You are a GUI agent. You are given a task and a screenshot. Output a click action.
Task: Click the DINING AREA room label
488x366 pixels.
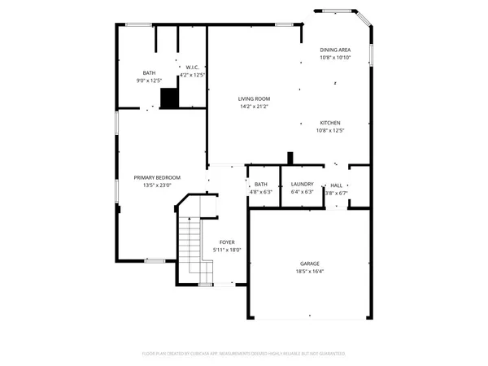click(336, 50)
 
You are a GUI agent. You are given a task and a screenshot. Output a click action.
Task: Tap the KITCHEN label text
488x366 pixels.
click(330, 123)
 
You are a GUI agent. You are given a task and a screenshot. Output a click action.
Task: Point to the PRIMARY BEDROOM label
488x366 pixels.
click(157, 177)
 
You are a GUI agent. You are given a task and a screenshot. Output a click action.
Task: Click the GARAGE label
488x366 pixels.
click(309, 264)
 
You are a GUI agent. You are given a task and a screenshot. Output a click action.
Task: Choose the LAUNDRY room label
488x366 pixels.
click(302, 185)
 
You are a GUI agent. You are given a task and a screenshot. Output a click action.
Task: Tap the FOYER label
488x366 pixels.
click(227, 242)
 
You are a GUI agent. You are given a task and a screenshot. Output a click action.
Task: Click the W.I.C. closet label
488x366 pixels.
click(193, 67)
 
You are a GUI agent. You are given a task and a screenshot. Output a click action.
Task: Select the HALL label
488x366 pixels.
click(336, 185)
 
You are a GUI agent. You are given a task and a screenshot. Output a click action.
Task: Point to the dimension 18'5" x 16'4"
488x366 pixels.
click(309, 271)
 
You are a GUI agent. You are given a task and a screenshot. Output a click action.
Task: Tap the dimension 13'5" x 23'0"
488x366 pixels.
click(157, 185)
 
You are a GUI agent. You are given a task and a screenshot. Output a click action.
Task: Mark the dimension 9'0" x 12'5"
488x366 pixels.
click(149, 80)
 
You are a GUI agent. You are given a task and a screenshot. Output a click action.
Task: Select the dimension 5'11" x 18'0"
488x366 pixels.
click(227, 250)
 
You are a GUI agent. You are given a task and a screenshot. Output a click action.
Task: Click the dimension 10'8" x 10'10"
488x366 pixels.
click(336, 57)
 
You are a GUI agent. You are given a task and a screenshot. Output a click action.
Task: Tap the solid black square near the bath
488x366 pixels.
click(168, 98)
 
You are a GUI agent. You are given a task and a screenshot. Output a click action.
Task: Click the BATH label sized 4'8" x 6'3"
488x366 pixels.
click(261, 185)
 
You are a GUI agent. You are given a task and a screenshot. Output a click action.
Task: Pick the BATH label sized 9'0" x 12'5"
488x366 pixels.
click(149, 72)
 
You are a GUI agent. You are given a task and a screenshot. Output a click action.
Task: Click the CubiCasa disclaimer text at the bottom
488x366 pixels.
click(244, 354)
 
